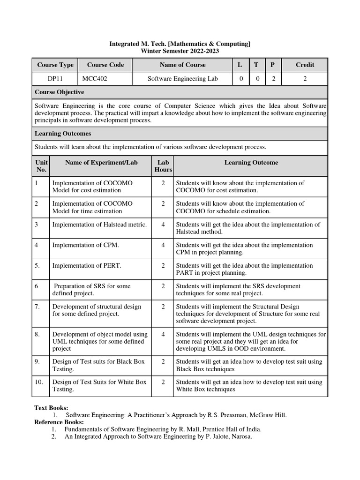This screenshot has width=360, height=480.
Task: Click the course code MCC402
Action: point(95,79)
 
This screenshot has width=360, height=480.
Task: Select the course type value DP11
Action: point(54,79)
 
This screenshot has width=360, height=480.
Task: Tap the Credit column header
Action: point(305,65)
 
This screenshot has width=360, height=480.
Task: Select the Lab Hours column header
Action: point(163,166)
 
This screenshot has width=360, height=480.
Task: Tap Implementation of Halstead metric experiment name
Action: point(99,225)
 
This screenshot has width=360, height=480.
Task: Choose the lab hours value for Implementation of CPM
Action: point(163,245)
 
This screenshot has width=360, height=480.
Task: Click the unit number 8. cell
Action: point(39,334)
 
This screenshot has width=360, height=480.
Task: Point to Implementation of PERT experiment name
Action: point(87,266)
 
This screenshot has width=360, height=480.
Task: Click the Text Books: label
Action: point(52,408)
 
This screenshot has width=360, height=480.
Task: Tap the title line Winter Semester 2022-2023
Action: point(180,51)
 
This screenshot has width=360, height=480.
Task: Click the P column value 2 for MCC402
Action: point(272,79)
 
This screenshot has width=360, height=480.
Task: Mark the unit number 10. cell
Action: point(39,382)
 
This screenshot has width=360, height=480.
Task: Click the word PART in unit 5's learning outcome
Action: point(185,273)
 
